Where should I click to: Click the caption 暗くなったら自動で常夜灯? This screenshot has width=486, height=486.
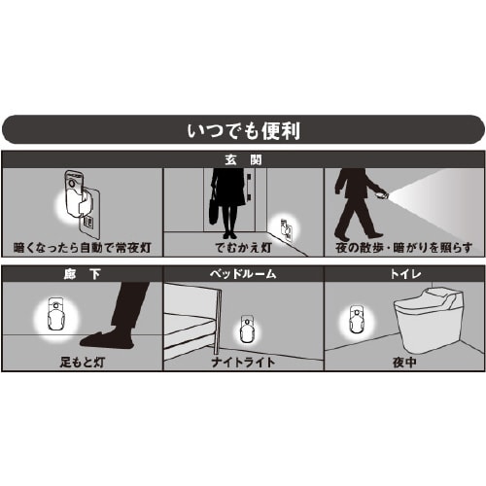[82, 247]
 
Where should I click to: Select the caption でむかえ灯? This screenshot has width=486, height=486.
[243, 247]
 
